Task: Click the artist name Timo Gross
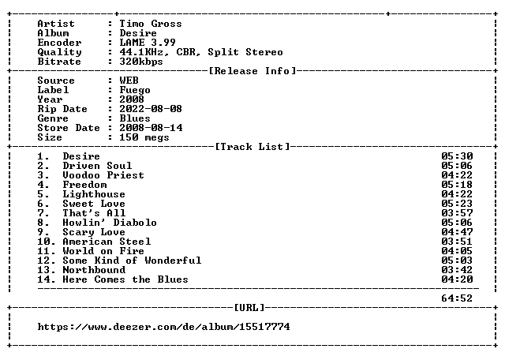[x=151, y=24]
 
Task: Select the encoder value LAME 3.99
[x=148, y=43]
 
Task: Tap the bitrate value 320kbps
[x=141, y=62]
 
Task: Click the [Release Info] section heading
[x=252, y=71]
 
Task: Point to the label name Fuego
[x=135, y=90]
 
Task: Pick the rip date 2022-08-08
[x=151, y=109]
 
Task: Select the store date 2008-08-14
[x=151, y=128]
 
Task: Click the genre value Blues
[x=135, y=118]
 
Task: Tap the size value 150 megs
[x=144, y=137]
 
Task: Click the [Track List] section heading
[x=252, y=147]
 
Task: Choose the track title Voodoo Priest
[x=103, y=175]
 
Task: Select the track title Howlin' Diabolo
[x=110, y=223]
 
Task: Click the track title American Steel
[x=107, y=242]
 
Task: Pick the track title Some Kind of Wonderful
[x=132, y=261]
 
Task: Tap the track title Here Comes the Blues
[x=125, y=279]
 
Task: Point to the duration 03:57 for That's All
[x=457, y=213]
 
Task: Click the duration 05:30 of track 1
[x=457, y=156]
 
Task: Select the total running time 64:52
[x=457, y=298]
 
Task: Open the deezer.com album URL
[x=163, y=327]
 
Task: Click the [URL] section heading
[x=249, y=308]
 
